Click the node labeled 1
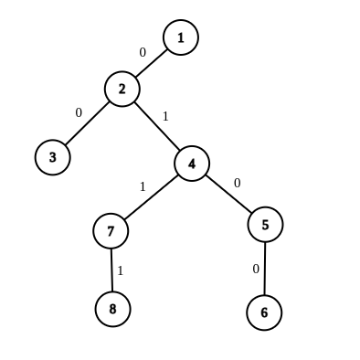pyautogui.click(x=181, y=37)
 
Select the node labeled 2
pyautogui.click(x=122, y=89)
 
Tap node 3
pyautogui.click(x=52, y=157)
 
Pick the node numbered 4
pyautogui.click(x=192, y=164)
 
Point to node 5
pyautogui.click(x=265, y=224)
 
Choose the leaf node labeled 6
pyautogui.click(x=264, y=312)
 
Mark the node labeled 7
pyautogui.click(x=111, y=230)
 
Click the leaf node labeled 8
pyautogui.click(x=112, y=309)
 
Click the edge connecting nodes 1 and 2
pyautogui.click(x=152, y=63)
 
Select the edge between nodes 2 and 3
pyautogui.click(x=87, y=123)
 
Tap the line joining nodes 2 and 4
pyautogui.click(x=157, y=126)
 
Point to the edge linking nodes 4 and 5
pyautogui.click(x=228, y=194)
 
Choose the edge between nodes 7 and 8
pyautogui.click(x=111, y=270)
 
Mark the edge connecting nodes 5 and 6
pyautogui.click(x=265, y=268)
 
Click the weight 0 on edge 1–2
pyautogui.click(x=142, y=52)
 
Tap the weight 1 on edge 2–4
pyautogui.click(x=165, y=116)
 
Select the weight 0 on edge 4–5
pyautogui.click(x=237, y=183)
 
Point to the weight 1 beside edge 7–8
pyautogui.click(x=120, y=270)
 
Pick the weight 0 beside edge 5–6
pyautogui.click(x=256, y=269)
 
